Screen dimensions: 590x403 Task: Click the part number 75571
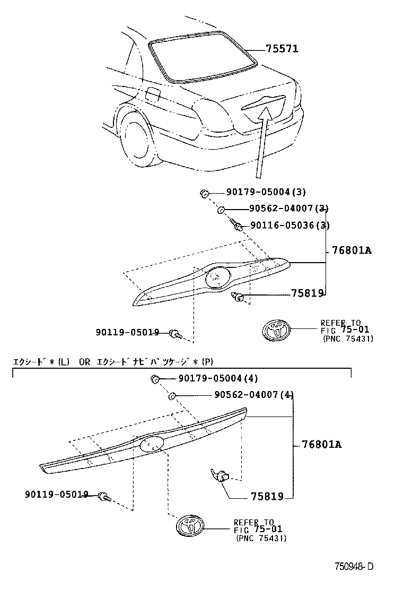pyautogui.click(x=282, y=49)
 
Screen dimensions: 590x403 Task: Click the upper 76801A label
pyautogui.click(x=352, y=250)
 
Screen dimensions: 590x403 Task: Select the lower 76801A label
pyautogui.click(x=321, y=444)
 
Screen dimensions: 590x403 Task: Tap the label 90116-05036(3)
pyautogui.click(x=290, y=225)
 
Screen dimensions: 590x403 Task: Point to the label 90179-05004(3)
pyautogui.click(x=258, y=192)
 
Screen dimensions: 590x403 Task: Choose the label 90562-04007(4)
pyautogui.click(x=254, y=395)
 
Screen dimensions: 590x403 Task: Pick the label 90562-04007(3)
pyautogui.click(x=288, y=209)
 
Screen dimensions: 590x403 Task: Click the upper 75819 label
pyautogui.click(x=307, y=293)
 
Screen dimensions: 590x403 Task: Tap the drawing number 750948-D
pyautogui.click(x=354, y=566)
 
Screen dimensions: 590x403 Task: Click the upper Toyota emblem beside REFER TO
pyautogui.click(x=277, y=331)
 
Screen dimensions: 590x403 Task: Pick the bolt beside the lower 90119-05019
pyautogui.click(x=104, y=497)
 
